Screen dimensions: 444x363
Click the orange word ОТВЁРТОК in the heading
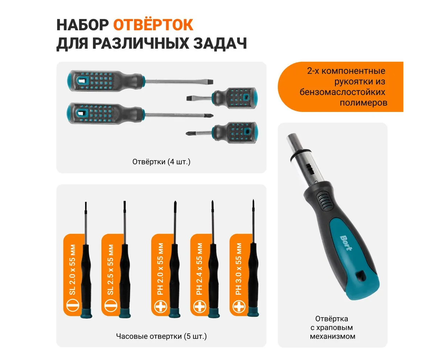point(153,25)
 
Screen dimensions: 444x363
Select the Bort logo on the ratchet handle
point(346,243)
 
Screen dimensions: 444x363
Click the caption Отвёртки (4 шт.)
point(161,162)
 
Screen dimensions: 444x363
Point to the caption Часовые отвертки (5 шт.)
point(161,336)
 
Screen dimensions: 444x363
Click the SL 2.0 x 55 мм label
point(72,269)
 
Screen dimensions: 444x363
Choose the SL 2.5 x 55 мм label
point(110,269)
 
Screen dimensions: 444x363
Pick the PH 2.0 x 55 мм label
point(160,269)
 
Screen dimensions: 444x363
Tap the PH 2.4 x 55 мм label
point(199,269)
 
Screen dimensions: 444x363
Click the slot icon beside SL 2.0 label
point(72,305)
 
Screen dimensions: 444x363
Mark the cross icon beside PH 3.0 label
point(239,306)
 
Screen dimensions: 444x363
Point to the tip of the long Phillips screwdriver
point(212,115)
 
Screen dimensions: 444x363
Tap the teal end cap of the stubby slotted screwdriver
point(254,98)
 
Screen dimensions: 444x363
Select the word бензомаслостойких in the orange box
point(342,92)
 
